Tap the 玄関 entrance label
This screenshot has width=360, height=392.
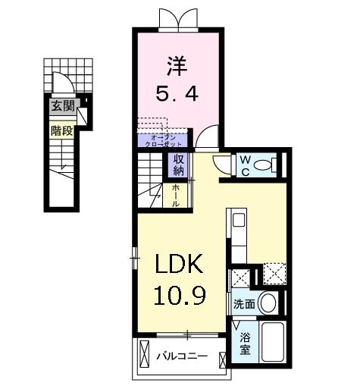[61, 107]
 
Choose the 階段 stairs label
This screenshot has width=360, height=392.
[61, 130]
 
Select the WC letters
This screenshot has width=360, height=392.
[246, 165]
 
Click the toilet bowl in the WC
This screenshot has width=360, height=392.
[265, 165]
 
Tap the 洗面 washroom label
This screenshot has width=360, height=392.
[243, 303]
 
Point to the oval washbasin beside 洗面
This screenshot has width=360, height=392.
[268, 303]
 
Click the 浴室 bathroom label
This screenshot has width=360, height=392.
[245, 343]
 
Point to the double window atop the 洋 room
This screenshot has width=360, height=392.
[175, 19]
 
